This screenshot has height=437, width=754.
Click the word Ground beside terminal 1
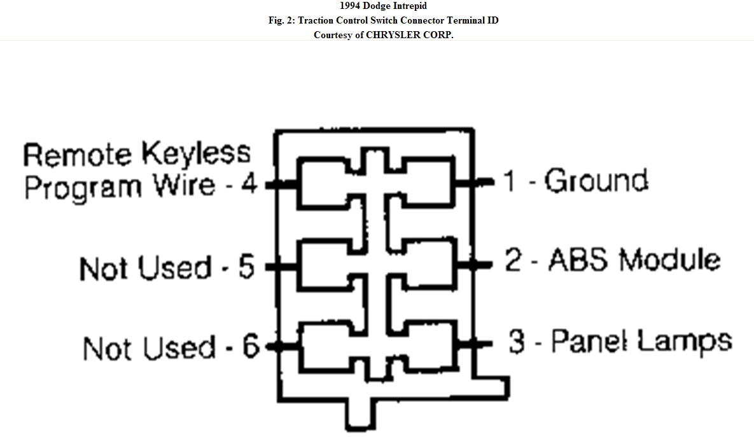pos(596,181)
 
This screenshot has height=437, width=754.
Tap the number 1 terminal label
pos(510,182)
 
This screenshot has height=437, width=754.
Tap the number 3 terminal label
pos(516,342)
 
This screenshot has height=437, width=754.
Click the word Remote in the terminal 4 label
pos(77,155)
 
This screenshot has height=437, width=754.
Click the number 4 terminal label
pos(248,185)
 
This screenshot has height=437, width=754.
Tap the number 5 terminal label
pos(246,267)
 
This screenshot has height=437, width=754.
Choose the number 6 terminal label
pos(251,347)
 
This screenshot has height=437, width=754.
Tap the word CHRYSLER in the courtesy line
pos(396,34)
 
